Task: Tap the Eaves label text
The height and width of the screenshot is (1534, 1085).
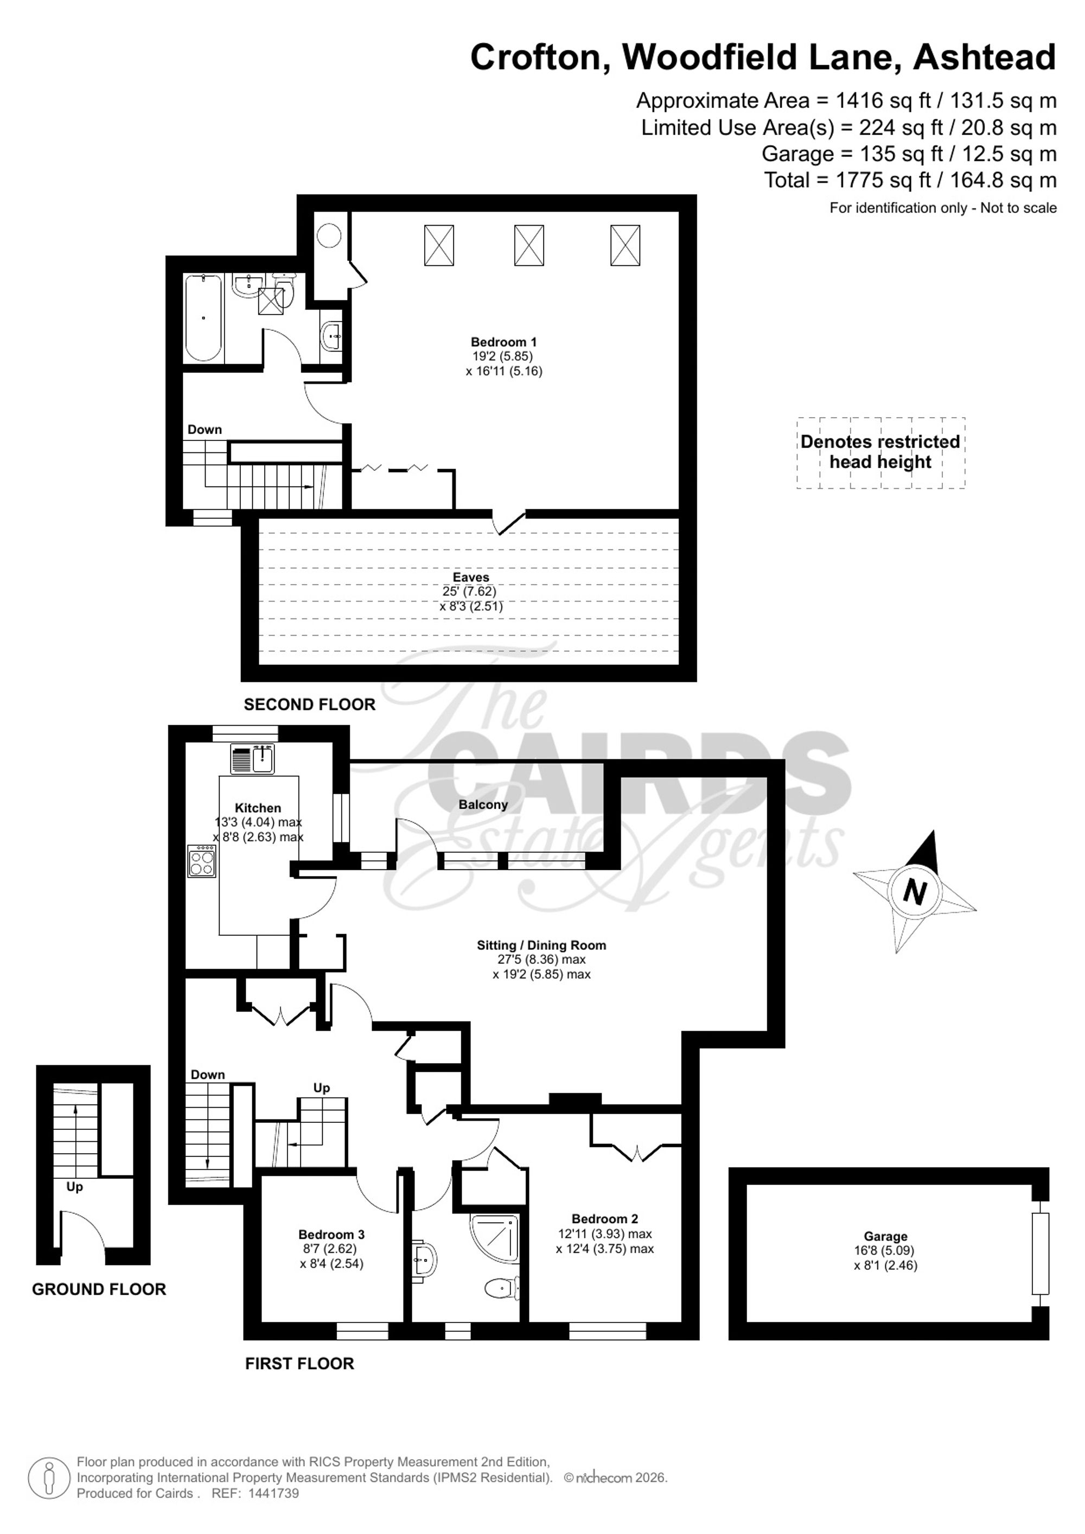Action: [x=471, y=577]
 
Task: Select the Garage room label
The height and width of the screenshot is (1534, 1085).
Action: [x=885, y=1237]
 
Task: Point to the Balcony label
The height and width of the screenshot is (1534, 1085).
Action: [x=483, y=804]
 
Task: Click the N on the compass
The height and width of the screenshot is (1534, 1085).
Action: [x=915, y=891]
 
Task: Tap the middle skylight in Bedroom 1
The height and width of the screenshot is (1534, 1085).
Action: [x=528, y=245]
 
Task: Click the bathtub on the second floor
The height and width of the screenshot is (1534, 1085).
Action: [x=203, y=317]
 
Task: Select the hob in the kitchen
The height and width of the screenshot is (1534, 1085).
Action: [x=203, y=860]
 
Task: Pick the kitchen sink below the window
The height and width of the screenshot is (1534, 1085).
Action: [x=253, y=759]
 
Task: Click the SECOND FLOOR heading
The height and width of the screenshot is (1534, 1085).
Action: [x=309, y=704]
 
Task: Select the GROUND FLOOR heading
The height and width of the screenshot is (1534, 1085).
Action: [x=99, y=1289]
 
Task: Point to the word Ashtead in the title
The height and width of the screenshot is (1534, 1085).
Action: [x=984, y=57]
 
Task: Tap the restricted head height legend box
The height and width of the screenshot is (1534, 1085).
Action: [x=880, y=452]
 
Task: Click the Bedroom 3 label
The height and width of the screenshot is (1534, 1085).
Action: [x=331, y=1235]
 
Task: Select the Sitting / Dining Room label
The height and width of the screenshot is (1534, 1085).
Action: [x=541, y=945]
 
